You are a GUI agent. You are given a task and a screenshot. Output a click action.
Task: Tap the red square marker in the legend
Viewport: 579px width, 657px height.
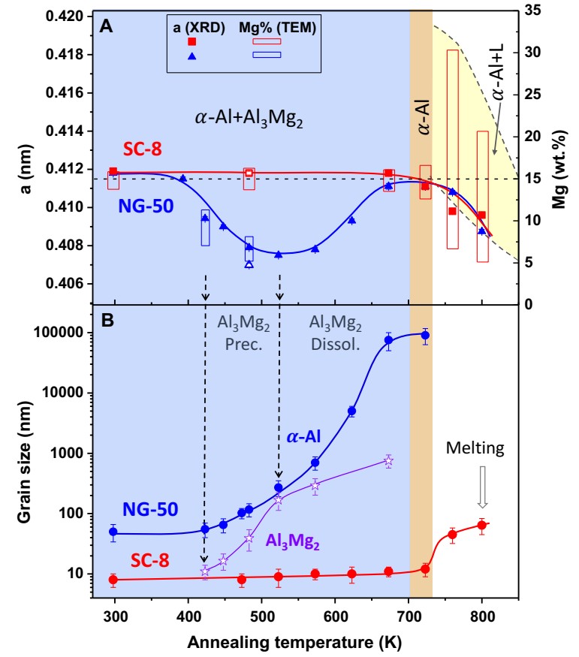pyautogui.click(x=191, y=42)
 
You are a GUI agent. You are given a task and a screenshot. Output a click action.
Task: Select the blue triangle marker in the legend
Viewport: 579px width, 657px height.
pyautogui.click(x=191, y=56)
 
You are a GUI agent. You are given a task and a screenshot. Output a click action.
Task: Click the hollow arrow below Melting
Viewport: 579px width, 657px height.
pyautogui.click(x=483, y=492)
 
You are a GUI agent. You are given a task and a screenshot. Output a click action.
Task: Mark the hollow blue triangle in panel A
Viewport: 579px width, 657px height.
pyautogui.click(x=249, y=264)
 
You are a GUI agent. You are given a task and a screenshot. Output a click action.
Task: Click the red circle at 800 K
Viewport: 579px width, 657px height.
pyautogui.click(x=481, y=525)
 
